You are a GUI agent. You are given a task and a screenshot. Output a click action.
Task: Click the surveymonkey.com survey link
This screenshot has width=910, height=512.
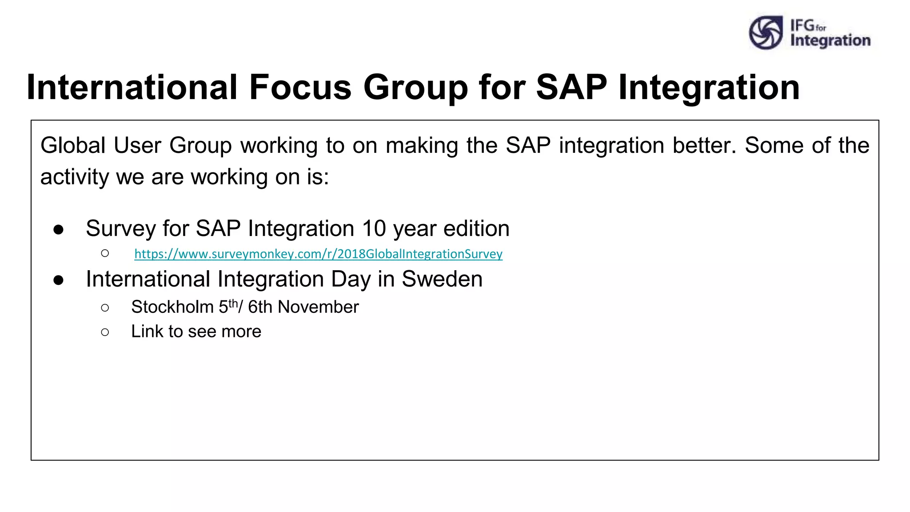click(318, 254)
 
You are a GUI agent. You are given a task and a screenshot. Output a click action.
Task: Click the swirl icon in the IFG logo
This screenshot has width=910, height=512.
click(766, 33)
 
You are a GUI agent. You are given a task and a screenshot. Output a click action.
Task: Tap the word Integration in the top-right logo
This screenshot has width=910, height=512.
click(830, 40)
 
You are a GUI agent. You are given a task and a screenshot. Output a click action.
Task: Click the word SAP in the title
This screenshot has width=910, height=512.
click(571, 87)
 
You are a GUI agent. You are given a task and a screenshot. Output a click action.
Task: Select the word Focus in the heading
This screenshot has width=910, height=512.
click(300, 87)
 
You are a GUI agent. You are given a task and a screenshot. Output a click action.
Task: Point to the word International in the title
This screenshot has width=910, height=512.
click(132, 87)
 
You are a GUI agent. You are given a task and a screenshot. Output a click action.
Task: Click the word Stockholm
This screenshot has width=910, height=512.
click(172, 307)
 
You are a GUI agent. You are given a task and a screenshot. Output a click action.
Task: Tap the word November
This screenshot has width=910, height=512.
click(318, 307)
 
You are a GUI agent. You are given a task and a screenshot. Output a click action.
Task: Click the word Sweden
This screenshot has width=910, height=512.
click(442, 279)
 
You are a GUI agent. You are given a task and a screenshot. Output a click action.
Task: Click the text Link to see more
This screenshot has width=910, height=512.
click(196, 332)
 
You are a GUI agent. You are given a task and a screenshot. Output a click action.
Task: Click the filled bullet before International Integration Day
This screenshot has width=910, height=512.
click(58, 280)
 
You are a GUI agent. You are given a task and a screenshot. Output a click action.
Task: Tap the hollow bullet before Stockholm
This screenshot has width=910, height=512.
click(105, 308)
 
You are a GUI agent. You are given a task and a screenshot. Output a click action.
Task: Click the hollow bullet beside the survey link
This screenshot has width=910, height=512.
click(105, 253)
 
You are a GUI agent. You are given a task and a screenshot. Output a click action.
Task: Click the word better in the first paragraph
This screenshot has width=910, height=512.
click(704, 145)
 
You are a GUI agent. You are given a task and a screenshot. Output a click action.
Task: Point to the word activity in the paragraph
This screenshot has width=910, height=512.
click(74, 177)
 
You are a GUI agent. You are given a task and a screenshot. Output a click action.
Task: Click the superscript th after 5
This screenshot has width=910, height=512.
click(233, 303)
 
